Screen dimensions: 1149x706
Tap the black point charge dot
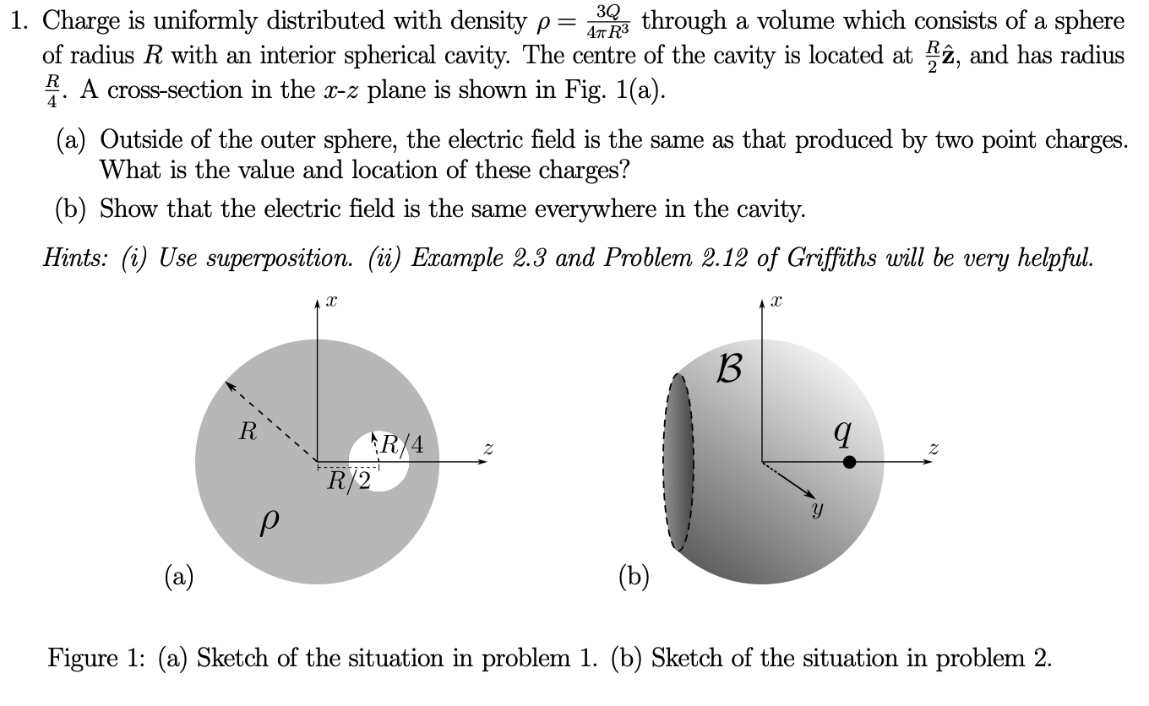[x=850, y=461]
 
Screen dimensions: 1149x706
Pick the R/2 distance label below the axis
[x=347, y=481]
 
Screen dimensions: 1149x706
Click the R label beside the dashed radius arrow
[x=247, y=433]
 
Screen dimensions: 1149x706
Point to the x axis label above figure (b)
[x=777, y=301]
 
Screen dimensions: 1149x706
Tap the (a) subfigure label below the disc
[x=178, y=578]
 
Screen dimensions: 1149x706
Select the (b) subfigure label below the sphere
[x=635, y=578]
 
